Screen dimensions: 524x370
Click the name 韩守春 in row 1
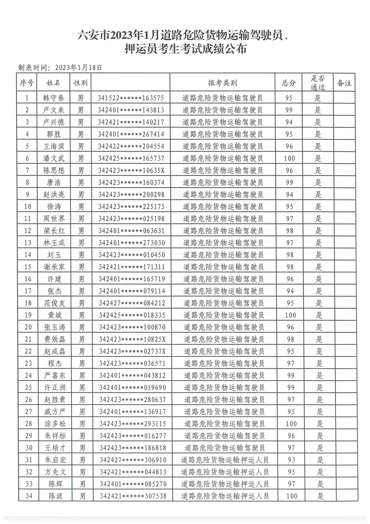(54, 98)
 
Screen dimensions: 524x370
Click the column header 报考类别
(223, 83)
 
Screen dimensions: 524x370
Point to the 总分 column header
(289, 83)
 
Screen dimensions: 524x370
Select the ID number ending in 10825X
(132, 338)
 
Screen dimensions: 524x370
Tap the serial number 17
(27, 290)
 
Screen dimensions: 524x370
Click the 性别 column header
(80, 83)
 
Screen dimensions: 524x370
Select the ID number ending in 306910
(133, 460)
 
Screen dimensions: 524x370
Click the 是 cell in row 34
(320, 496)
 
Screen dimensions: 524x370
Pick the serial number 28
(27, 423)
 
